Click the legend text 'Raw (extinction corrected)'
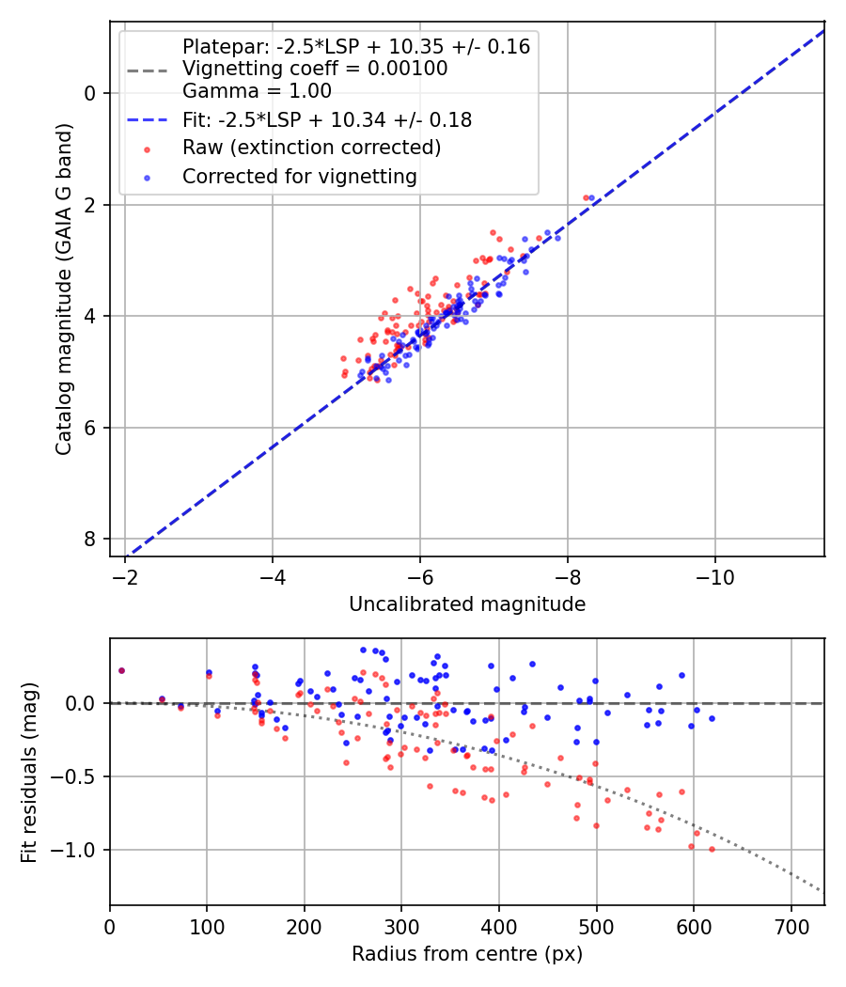pyautogui.click(x=311, y=148)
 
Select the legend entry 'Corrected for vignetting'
pyautogui.click(x=299, y=176)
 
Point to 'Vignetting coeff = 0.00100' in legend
pyautogui.click(x=314, y=69)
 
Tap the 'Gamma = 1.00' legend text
pyautogui.click(x=257, y=91)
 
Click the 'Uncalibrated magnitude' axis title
pyautogui.click(x=467, y=604)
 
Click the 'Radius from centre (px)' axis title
pyautogui.click(x=467, y=954)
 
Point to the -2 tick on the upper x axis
pyautogui.click(x=125, y=575)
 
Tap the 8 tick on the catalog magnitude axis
pyautogui.click(x=89, y=539)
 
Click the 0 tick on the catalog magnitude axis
pyautogui.click(x=89, y=93)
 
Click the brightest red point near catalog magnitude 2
pyautogui.click(x=586, y=198)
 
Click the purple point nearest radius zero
pyautogui.click(x=121, y=670)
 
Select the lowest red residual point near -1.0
pyautogui.click(x=712, y=849)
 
